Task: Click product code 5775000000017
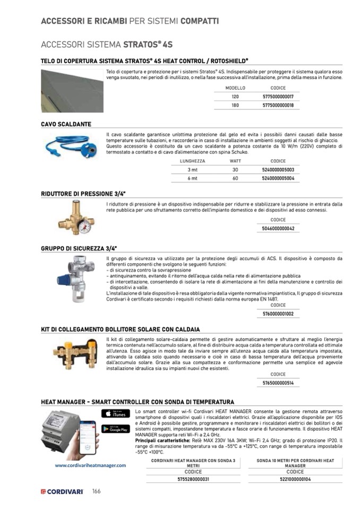click(278, 97)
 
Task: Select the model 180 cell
click(235, 106)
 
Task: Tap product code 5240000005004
click(278, 178)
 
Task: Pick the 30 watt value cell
click(235, 169)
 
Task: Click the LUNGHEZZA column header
click(192, 161)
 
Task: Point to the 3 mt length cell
click(192, 169)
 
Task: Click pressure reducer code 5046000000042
click(278, 228)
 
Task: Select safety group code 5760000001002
click(278, 314)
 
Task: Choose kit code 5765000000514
click(278, 383)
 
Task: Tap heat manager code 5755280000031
click(193, 479)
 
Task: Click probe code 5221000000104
click(295, 479)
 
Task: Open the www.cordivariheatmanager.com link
click(90, 465)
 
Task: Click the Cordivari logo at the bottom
click(62, 491)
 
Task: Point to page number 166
click(96, 491)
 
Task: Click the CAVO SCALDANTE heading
click(66, 124)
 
